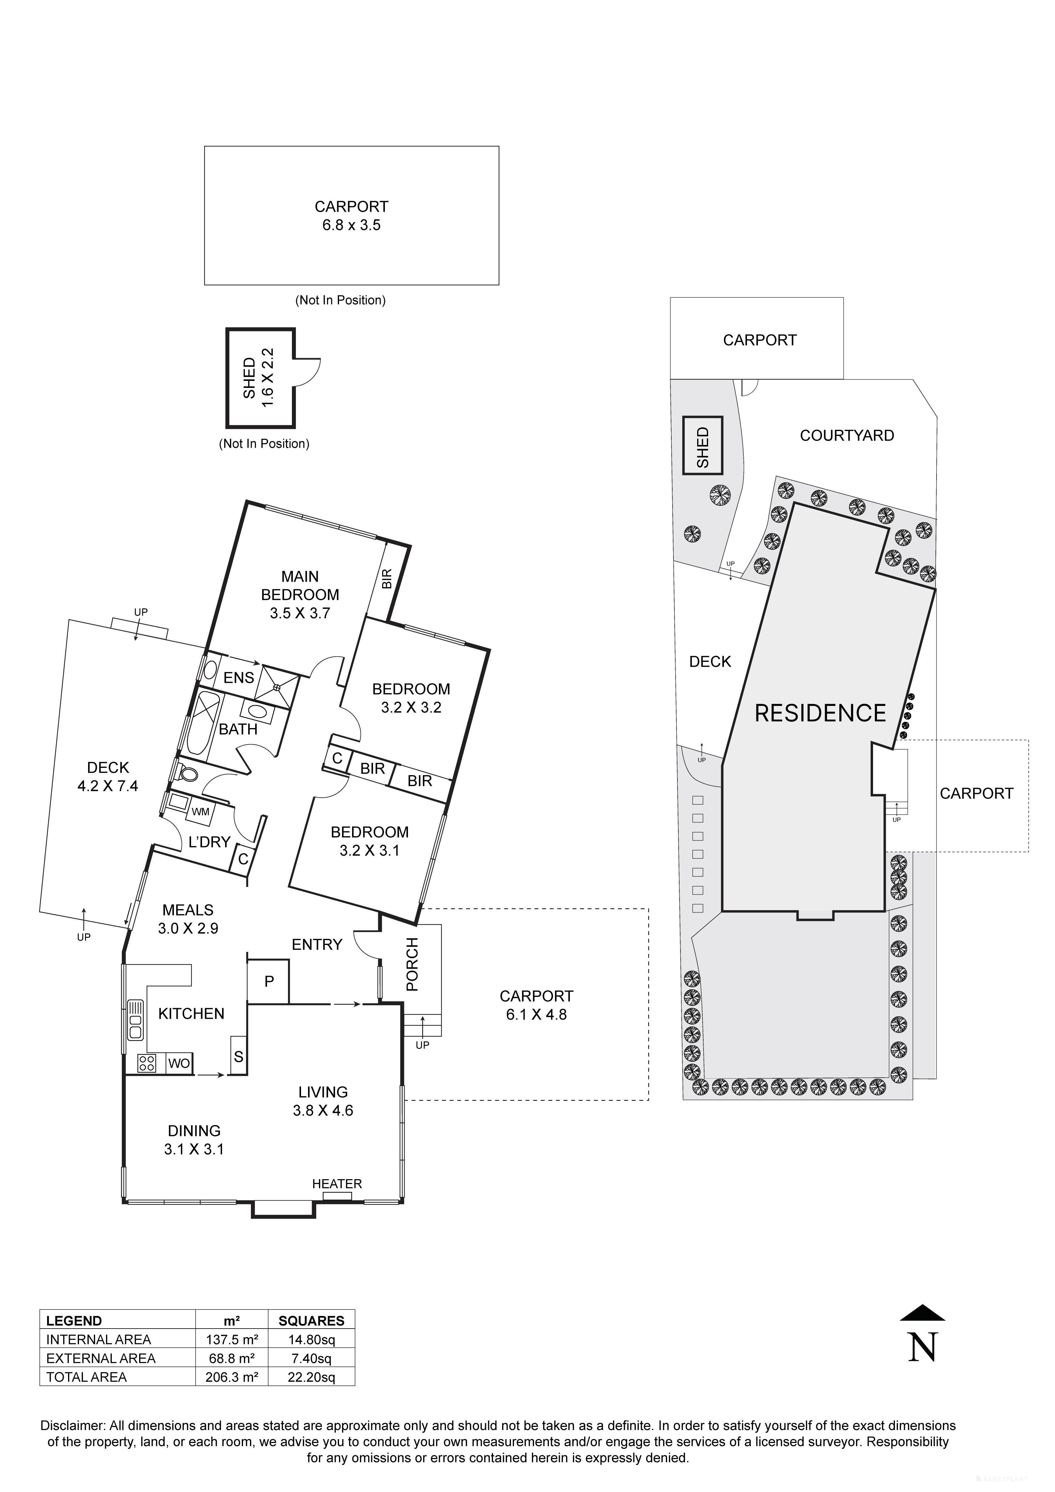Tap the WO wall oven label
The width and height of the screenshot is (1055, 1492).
click(x=179, y=1063)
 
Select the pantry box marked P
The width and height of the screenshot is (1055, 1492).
click(x=269, y=981)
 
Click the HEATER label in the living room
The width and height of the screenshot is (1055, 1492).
click(x=337, y=1183)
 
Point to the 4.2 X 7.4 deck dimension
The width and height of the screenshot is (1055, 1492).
click(x=108, y=786)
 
